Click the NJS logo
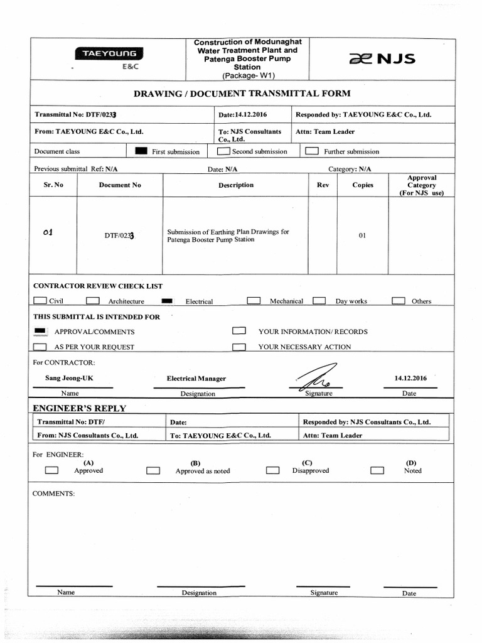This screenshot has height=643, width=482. coord(382,60)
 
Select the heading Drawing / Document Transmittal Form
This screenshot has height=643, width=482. coord(242,94)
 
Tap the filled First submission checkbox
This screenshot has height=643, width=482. coord(142,151)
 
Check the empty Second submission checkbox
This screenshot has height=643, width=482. coord(223,151)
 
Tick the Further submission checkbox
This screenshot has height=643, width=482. coord(311,151)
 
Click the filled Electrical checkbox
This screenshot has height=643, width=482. coord(168,301)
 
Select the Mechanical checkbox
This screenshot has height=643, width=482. coord(254,301)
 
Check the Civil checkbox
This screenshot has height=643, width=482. coord(40,301)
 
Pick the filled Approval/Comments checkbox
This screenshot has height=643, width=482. coord(40,331)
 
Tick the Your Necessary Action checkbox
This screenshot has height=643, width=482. coord(238,347)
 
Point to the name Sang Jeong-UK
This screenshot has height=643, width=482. coord(65,378)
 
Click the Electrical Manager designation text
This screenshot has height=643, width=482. coord(196,379)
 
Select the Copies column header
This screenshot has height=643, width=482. coord(363,185)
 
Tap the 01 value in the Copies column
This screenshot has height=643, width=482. coord(362,235)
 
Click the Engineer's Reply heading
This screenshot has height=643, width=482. coord(79,408)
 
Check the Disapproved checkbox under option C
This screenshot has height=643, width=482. coord(272,470)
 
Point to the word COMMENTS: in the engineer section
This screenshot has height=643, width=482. coord(53,494)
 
